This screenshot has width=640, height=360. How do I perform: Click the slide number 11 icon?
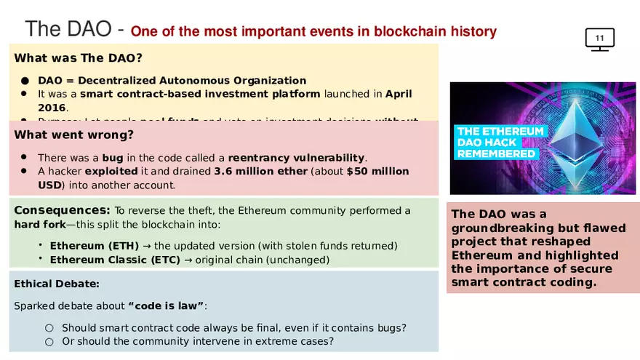click(599, 39)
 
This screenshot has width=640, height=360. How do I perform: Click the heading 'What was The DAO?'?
click(78, 58)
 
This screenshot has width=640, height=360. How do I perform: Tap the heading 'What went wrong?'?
click(73, 135)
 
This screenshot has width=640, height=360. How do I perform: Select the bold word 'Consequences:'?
click(62, 210)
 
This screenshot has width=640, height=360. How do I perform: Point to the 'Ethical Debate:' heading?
click(57, 284)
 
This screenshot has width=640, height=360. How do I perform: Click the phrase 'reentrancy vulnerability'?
click(296, 158)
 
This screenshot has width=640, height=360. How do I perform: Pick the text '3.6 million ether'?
click(260, 172)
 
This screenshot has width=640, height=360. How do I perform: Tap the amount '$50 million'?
click(377, 172)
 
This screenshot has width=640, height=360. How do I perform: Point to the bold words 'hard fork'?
click(39, 225)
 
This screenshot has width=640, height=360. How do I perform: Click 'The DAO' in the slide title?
click(68, 29)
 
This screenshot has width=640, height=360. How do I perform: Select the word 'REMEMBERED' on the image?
click(496, 154)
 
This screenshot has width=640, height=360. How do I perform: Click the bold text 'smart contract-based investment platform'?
click(199, 94)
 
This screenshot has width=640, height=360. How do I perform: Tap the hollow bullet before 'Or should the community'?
click(49, 342)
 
